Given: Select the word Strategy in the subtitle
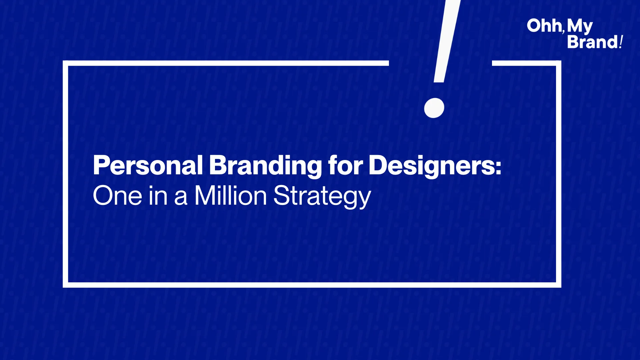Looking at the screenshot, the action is pos(322,196).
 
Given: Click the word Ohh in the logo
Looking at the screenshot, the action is pos(544,26).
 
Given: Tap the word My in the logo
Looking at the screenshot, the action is pos(580,26).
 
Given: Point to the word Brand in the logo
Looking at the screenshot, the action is pos(593,42).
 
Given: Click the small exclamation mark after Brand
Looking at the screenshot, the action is pos(621,42).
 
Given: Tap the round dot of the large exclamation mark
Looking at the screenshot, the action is pos(434,108).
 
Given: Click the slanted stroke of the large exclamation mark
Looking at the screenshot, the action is pos(447,41).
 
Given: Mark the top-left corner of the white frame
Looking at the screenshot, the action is pos(65,63).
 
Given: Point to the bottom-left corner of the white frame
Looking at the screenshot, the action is pos(65,285).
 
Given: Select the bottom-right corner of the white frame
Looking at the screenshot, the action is pos(559,285).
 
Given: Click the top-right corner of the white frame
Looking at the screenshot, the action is pos(559,63).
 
